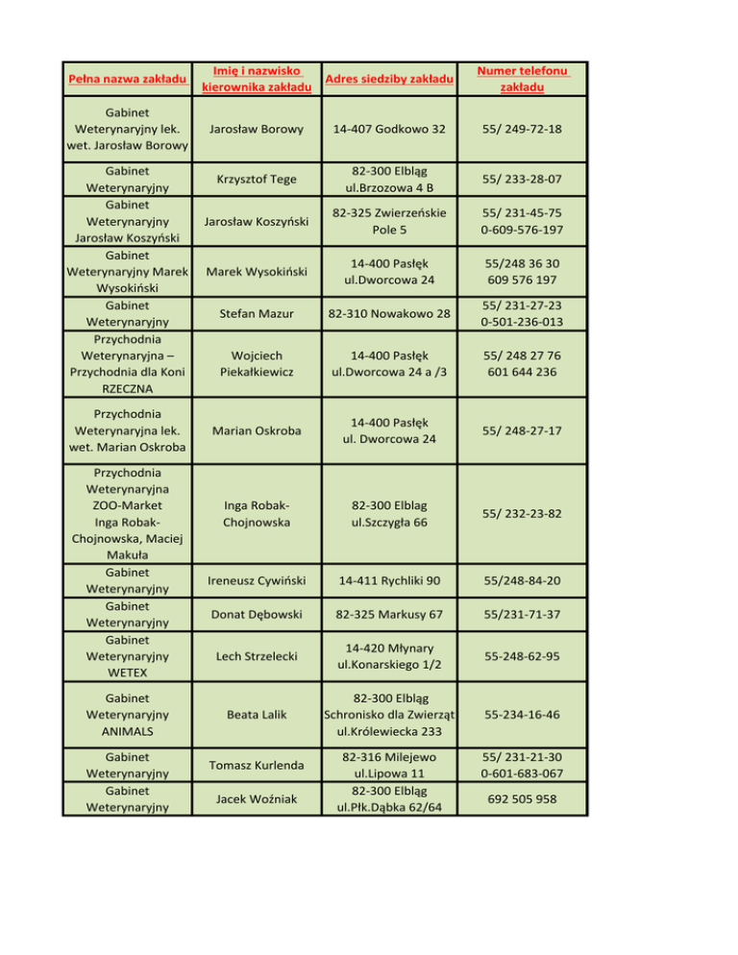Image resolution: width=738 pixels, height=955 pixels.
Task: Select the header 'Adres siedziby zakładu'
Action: point(388,78)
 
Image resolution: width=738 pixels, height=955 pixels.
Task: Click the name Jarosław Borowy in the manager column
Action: point(257,129)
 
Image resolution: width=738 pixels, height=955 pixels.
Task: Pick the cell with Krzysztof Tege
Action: point(257,180)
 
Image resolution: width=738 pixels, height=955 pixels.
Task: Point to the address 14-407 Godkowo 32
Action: point(388,129)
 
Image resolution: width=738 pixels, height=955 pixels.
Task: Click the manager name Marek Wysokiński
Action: point(257,270)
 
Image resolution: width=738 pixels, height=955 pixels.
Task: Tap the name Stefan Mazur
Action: point(257,313)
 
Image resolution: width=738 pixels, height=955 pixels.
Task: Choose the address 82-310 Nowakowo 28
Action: point(388,313)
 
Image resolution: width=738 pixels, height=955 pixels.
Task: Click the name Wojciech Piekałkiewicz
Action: point(257,364)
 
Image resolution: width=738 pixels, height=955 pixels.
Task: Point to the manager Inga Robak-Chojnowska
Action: point(257,514)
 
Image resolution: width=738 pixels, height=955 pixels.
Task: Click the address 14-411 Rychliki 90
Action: point(388,579)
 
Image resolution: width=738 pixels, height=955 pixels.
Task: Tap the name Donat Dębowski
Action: point(257,613)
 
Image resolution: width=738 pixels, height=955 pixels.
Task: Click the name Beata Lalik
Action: point(257,716)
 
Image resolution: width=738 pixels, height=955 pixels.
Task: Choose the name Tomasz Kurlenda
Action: point(257,765)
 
